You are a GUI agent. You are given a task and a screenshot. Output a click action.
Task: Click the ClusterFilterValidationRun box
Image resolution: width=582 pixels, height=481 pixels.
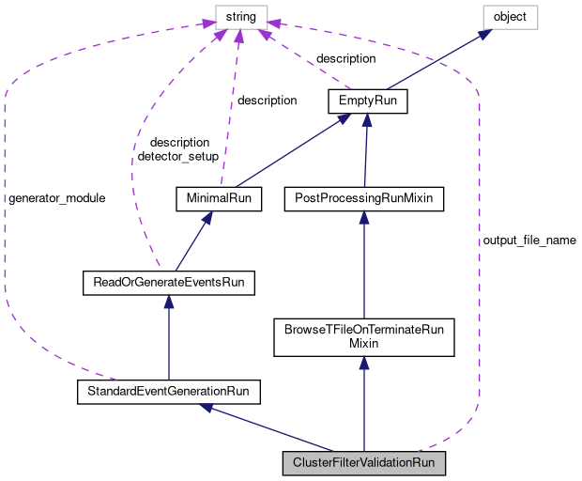pyautogui.click(x=363, y=463)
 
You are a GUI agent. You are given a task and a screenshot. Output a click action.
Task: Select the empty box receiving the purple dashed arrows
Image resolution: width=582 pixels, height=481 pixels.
pyautogui.click(x=241, y=17)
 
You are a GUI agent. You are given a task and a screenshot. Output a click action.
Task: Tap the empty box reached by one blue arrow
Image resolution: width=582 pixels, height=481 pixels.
pyautogui.click(x=510, y=17)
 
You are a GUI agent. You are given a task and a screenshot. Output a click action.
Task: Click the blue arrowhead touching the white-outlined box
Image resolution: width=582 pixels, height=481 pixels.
pyautogui.click(x=485, y=34)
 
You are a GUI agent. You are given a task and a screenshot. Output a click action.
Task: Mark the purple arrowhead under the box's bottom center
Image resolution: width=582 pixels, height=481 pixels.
pyautogui.click(x=239, y=37)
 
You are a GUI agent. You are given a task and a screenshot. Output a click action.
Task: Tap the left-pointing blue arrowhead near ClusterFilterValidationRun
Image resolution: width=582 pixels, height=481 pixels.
pyautogui.click(x=207, y=407)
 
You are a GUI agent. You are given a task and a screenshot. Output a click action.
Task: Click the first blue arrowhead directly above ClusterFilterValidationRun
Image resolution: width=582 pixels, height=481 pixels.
pyautogui.click(x=363, y=362)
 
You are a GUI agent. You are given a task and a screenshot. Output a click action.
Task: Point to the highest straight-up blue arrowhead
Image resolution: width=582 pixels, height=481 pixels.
pyautogui.click(x=367, y=119)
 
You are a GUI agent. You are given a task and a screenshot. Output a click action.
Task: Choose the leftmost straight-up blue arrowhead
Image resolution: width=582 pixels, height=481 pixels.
pyautogui.click(x=168, y=301)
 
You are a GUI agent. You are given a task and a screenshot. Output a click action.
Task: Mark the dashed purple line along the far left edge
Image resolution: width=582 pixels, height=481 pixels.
pyautogui.click(x=5, y=207)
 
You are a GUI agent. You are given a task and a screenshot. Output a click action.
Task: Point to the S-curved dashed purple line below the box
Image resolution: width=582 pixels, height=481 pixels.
pyautogui.click(x=136, y=160)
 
